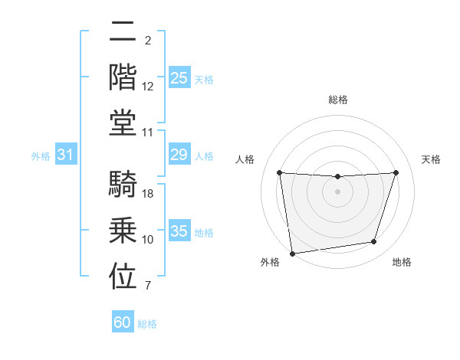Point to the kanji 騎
[123, 183]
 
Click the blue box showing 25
[179, 77]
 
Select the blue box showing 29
[179, 155]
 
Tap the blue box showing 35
[179, 231]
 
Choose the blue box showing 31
[65, 155]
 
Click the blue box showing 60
[123, 322]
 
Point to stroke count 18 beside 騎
[149, 195]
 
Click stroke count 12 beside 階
[149, 86]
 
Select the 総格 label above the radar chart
[337, 100]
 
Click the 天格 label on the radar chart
[432, 159]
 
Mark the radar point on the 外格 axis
[292, 253]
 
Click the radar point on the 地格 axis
[374, 242]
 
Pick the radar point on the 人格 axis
[279, 172]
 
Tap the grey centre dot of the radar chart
[337, 191]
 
